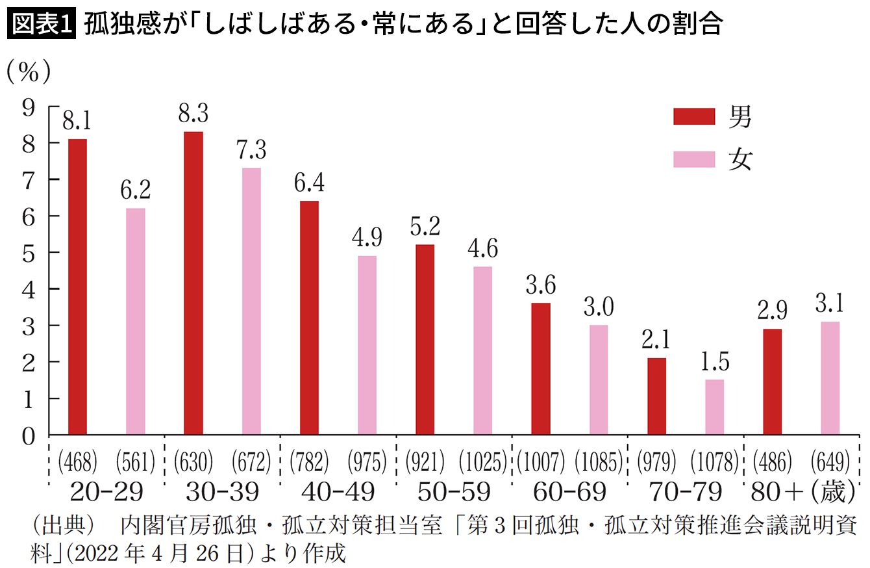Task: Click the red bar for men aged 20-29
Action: click(x=77, y=287)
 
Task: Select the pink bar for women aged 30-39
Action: click(x=251, y=301)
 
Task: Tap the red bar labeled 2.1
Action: click(x=656, y=396)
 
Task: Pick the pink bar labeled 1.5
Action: click(x=714, y=407)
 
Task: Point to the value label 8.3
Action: click(x=193, y=115)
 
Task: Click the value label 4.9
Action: click(x=367, y=239)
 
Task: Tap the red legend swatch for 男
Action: click(x=693, y=116)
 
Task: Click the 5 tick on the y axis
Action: click(x=28, y=252)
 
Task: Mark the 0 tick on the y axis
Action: click(x=28, y=435)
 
